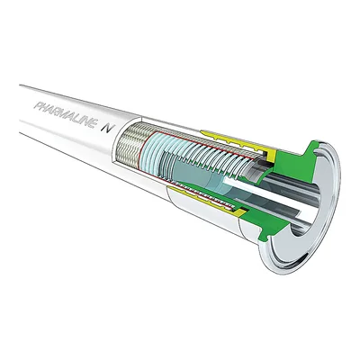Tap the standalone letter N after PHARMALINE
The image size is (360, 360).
click(x=106, y=128)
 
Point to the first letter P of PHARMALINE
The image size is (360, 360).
click(x=39, y=106)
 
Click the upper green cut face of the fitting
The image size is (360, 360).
click(x=294, y=160)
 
